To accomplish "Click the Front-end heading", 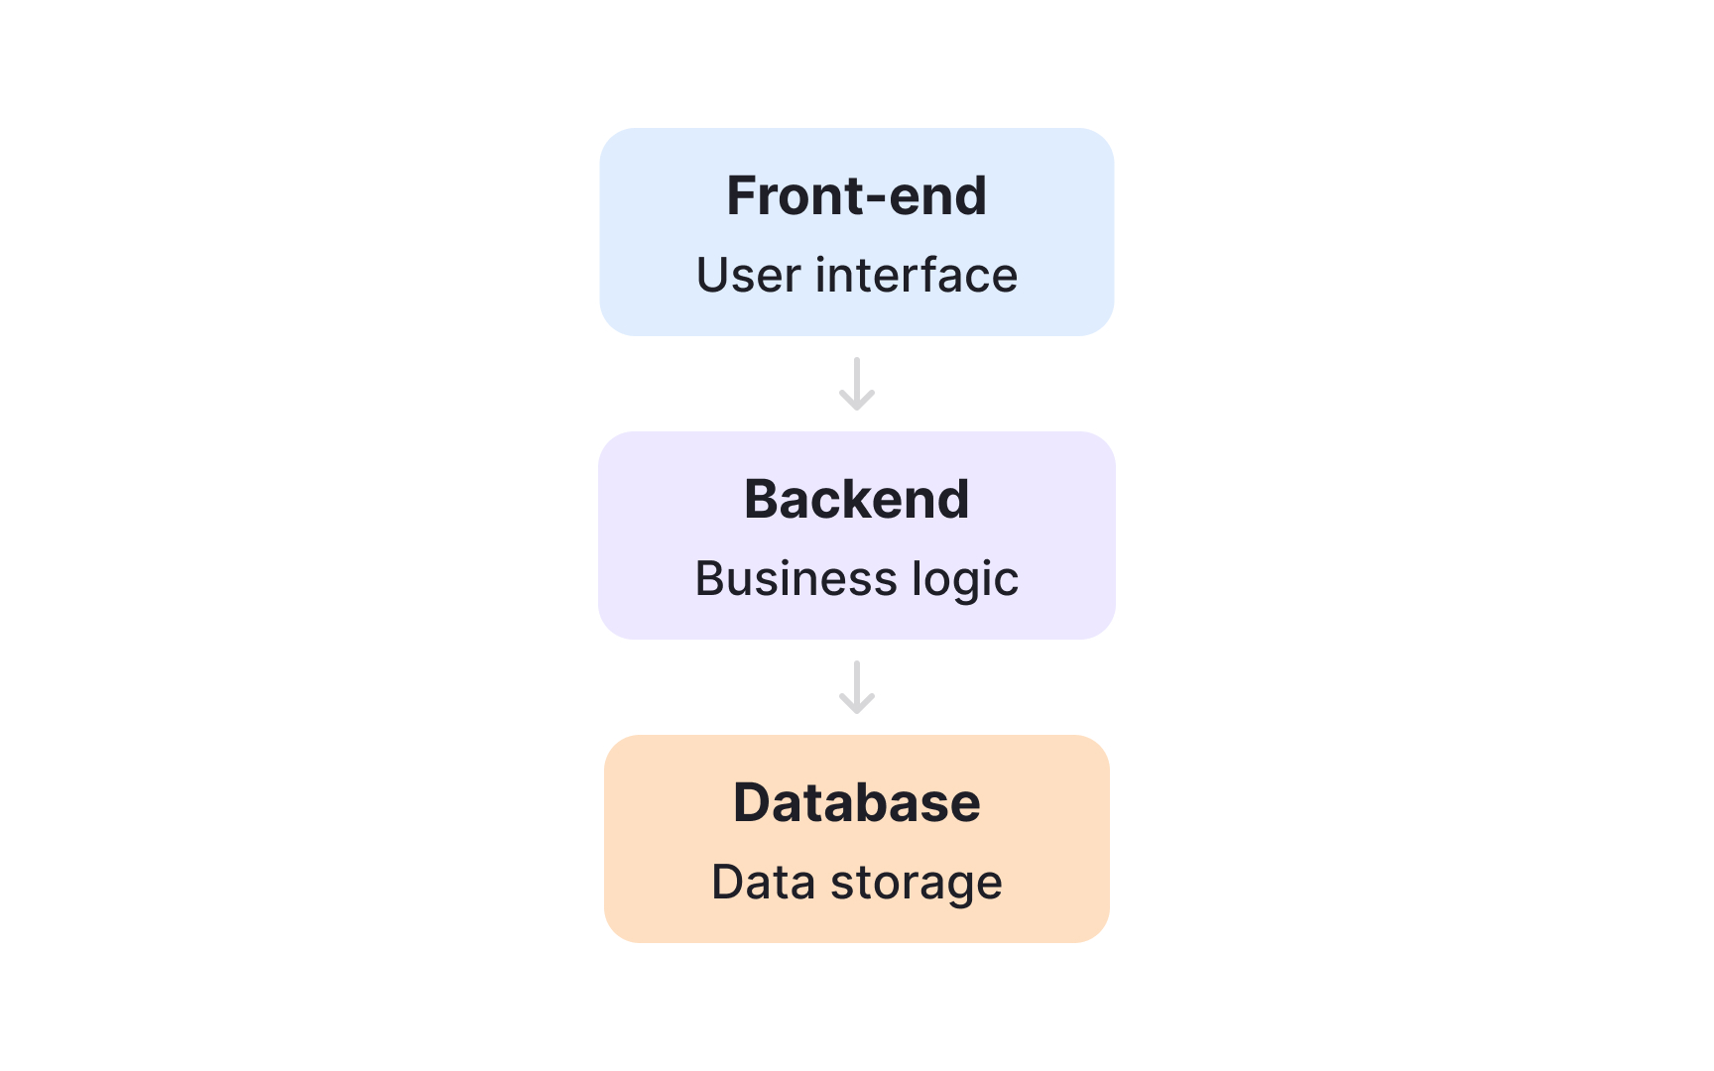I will click(x=856, y=195).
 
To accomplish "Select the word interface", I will click(x=916, y=276).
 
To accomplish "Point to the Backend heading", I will click(x=856, y=499).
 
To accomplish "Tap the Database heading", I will click(x=856, y=802).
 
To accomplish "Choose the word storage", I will click(x=916, y=884).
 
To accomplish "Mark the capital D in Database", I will click(x=751, y=802).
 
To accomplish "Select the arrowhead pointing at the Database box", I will click(x=857, y=705).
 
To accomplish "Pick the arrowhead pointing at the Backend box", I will click(x=857, y=402).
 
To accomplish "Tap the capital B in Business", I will click(x=710, y=579).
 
